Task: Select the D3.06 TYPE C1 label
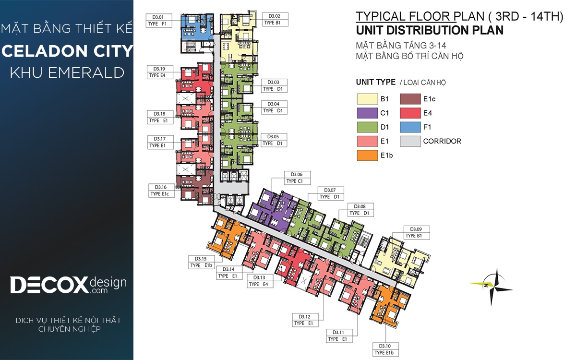pyautogui.click(x=297, y=178)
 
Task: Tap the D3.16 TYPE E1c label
pyautogui.click(x=161, y=191)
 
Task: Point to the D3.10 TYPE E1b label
pyautogui.click(x=385, y=349)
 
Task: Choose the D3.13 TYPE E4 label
pyautogui.click(x=260, y=281)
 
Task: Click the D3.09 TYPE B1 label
pyautogui.click(x=417, y=232)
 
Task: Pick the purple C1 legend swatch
pyautogui.click(x=367, y=113)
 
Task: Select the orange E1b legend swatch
pyautogui.click(x=367, y=156)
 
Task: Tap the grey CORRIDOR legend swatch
pyautogui.click(x=410, y=142)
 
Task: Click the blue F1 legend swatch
pyautogui.click(x=410, y=127)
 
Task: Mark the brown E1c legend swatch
pyautogui.click(x=410, y=99)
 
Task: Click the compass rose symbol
pyautogui.click(x=492, y=287)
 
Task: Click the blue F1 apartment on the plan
pyautogui.click(x=197, y=27)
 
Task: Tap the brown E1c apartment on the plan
pyautogui.click(x=195, y=190)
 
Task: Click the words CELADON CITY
pyautogui.click(x=67, y=51)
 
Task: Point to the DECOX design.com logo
pyautogui.click(x=68, y=285)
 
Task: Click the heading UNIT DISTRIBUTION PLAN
pyautogui.click(x=430, y=30)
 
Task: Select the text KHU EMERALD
pyautogui.click(x=67, y=72)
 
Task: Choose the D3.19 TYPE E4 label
pyautogui.click(x=160, y=72)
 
